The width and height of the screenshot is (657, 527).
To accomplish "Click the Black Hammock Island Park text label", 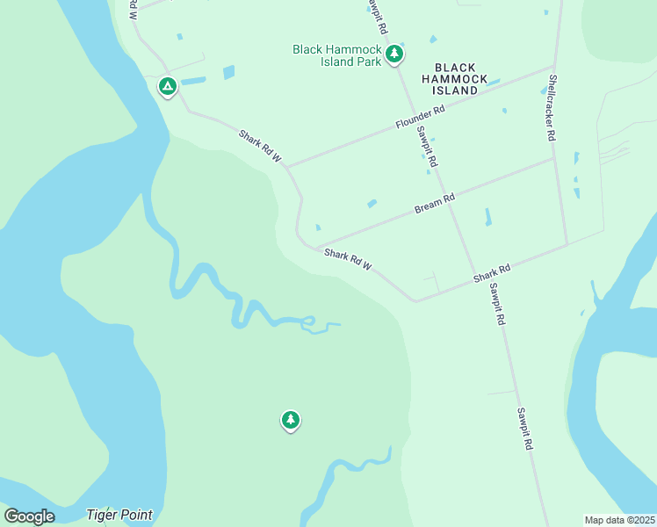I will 337,55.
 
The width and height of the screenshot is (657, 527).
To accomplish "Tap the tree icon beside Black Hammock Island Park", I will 394,54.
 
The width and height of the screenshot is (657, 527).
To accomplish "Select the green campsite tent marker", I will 167,86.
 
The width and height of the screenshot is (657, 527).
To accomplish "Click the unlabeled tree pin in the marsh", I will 291,420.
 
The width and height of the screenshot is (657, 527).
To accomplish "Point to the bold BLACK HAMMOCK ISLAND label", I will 455,79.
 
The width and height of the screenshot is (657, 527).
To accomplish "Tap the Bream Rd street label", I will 435,204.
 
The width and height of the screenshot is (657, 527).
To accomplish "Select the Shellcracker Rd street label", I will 552,107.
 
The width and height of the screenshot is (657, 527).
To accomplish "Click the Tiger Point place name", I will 119,515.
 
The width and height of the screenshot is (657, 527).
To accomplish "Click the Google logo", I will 29,516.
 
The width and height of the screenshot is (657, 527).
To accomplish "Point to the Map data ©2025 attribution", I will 619,520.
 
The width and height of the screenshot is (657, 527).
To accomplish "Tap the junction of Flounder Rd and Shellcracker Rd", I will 552,67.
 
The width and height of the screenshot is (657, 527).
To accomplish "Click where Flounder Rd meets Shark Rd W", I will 287,165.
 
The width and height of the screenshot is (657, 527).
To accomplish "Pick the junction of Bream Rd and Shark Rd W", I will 314,246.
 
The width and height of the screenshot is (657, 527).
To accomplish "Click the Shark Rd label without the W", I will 492,272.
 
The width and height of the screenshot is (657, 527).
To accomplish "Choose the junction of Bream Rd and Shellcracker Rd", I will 555,158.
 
